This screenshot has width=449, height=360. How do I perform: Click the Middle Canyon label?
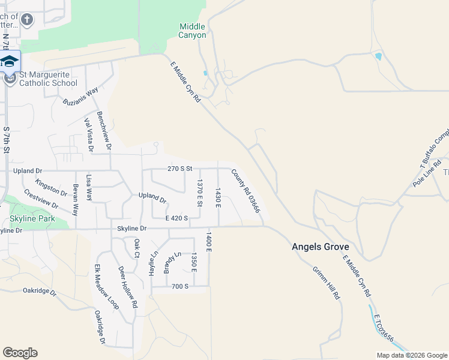192,31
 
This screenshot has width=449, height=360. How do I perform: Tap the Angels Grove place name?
321,247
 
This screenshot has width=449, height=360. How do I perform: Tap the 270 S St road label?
179,169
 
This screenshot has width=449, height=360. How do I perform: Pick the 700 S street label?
180,286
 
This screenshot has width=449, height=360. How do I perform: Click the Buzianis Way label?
80,96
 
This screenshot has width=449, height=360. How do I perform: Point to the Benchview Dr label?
104,131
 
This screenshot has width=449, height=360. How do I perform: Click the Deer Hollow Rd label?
128,287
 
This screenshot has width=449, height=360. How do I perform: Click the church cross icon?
26,20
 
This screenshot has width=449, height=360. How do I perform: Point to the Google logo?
20,353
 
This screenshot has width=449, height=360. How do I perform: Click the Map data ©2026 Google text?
411,355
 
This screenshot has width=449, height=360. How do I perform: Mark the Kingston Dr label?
52,187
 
